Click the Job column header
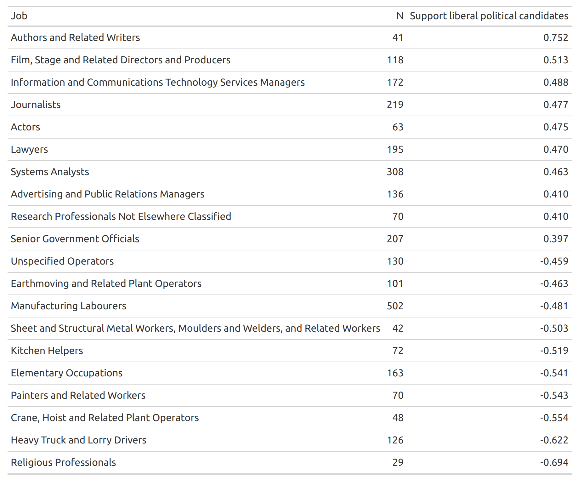pyautogui.click(x=19, y=16)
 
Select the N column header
pyautogui.click(x=400, y=16)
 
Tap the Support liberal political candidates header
pyautogui.click(x=489, y=16)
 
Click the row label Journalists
pyautogui.click(x=36, y=105)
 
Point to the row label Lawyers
pyautogui.click(x=29, y=150)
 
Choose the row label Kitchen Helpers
pyautogui.click(x=47, y=351)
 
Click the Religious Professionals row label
pyautogui.click(x=63, y=462)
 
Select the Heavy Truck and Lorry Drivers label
pyautogui.click(x=79, y=440)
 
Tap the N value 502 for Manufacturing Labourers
pyautogui.click(x=395, y=306)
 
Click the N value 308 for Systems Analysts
pyautogui.click(x=395, y=172)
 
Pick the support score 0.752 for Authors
pyautogui.click(x=556, y=37)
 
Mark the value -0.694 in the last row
pyautogui.click(x=554, y=462)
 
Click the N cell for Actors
pyautogui.click(x=398, y=127)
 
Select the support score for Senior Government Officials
pyautogui.click(x=556, y=239)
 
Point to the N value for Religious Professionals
pyautogui.click(x=398, y=462)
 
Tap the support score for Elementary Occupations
pyautogui.click(x=554, y=373)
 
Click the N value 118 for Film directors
pyautogui.click(x=395, y=60)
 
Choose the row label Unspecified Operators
pyautogui.click(x=62, y=261)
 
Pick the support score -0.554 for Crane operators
pyautogui.click(x=554, y=418)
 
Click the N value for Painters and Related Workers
pyautogui.click(x=398, y=395)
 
